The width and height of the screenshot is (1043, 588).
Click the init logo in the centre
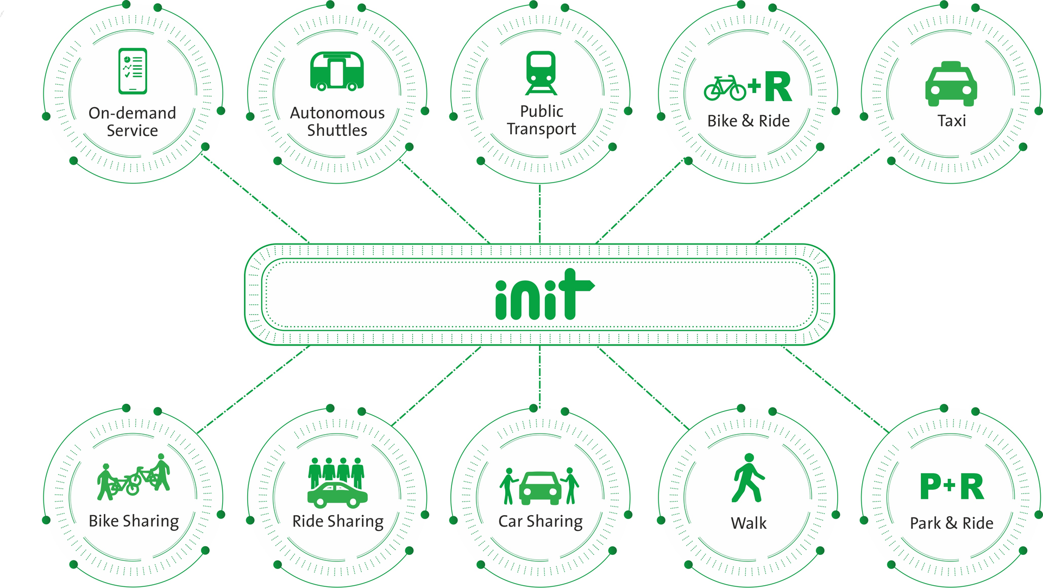(x=544, y=295)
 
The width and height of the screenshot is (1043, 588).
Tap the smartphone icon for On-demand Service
(x=133, y=71)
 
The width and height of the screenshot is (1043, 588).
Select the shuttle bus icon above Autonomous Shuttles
(x=337, y=71)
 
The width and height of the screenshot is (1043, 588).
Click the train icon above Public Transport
(x=541, y=73)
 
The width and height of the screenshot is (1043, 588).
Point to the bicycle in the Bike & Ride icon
(x=725, y=88)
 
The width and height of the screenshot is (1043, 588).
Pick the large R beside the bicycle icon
(x=778, y=87)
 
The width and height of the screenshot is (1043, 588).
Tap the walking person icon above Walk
(x=748, y=478)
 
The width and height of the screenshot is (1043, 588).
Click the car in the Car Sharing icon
(x=540, y=487)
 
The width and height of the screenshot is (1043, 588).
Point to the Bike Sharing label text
(x=134, y=521)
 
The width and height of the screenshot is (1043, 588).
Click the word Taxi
(x=951, y=121)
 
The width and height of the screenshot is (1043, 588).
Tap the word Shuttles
(x=337, y=130)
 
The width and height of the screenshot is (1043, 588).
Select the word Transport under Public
(x=541, y=129)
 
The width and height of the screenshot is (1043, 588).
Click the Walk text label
(x=749, y=523)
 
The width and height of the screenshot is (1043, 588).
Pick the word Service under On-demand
(x=132, y=131)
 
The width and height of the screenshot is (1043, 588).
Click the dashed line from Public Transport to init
(x=539, y=214)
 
